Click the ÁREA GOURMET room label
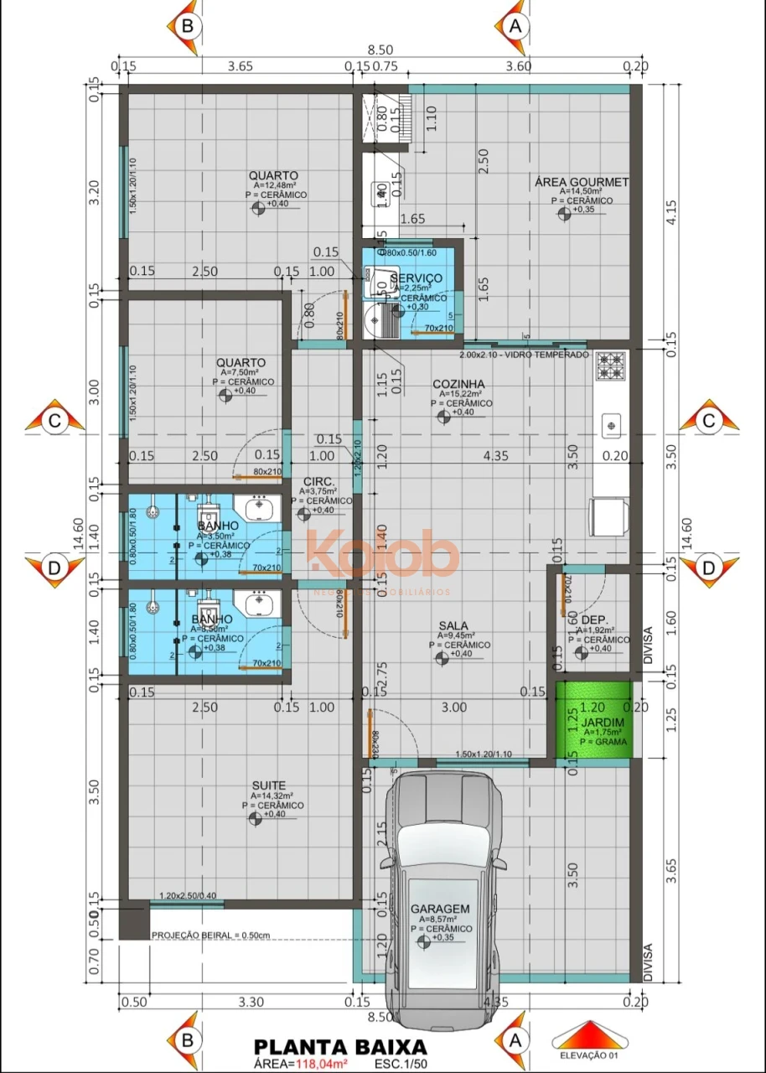point(582,182)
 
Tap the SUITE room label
point(268,785)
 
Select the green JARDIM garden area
point(593,722)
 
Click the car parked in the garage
point(442,897)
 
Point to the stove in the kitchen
point(610,365)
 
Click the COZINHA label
point(458,385)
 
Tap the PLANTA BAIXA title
point(340,1047)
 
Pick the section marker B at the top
point(187,26)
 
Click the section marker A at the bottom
point(516,1040)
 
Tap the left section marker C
point(55,422)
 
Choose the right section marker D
point(709,568)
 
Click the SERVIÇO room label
point(416,278)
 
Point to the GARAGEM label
point(440,909)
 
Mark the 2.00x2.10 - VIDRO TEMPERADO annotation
point(524,355)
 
